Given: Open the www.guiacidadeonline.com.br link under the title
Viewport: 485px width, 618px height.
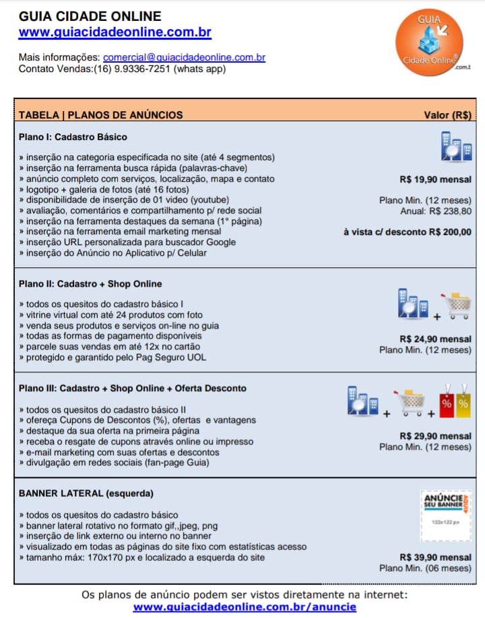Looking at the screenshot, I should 115,32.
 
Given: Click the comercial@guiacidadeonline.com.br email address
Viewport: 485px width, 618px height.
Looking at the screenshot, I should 184,57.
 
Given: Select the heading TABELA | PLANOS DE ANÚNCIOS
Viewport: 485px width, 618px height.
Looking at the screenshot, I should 101,114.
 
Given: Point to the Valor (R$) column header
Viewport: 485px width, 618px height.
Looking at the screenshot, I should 447,114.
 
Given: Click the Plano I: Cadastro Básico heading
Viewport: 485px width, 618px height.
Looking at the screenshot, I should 73,137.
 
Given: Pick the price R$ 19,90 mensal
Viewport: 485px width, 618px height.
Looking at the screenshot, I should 435,180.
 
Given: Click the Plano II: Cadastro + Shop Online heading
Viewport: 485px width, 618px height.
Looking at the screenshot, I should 90,283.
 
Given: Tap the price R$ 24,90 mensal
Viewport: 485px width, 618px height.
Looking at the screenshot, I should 435,339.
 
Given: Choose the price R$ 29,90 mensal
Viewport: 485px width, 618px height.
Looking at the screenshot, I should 435,436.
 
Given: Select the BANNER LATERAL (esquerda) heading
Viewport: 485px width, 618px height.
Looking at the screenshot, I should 86,493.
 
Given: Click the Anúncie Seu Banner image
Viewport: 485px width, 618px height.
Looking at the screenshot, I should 445,515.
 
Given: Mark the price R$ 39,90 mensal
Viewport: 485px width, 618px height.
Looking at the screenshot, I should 435,557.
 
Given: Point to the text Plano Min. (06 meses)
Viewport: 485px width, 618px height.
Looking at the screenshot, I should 425,568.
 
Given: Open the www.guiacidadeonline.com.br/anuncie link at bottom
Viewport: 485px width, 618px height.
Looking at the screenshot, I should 245,607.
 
